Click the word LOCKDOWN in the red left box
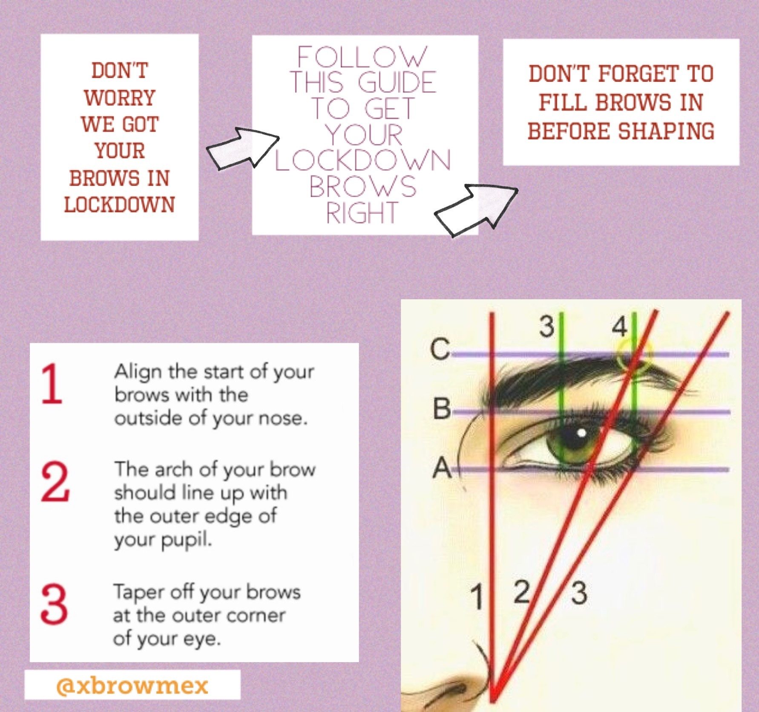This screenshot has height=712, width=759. click(x=120, y=205)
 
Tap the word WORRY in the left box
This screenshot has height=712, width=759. click(x=120, y=98)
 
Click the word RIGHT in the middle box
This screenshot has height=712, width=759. click(x=362, y=213)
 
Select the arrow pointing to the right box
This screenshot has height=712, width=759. click(x=476, y=209)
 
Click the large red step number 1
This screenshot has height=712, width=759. click(x=52, y=383)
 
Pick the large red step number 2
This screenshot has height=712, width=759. click(x=55, y=482)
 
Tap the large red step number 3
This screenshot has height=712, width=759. click(x=54, y=604)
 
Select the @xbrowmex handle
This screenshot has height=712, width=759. click(x=132, y=686)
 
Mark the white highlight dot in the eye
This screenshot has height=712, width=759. click(x=581, y=434)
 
